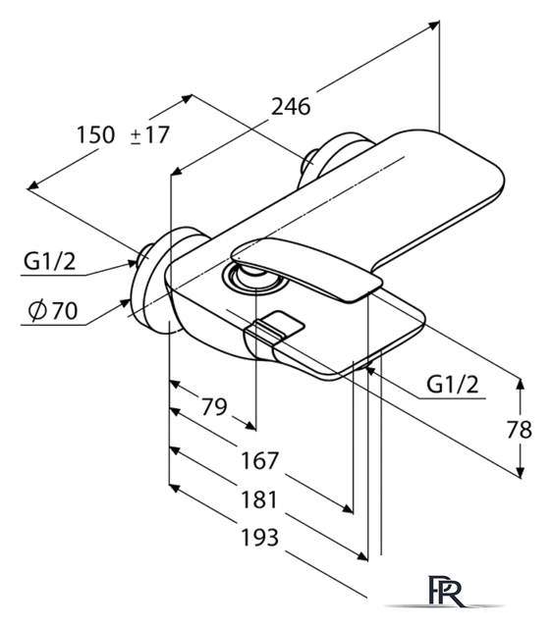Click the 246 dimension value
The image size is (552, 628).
click(291, 107)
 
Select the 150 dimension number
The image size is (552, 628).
click(95, 134)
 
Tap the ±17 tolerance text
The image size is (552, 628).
click(150, 134)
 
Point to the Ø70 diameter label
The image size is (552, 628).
click(53, 310)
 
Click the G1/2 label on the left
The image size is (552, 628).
click(49, 262)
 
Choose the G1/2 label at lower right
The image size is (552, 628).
click(452, 385)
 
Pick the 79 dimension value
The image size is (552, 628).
click(214, 407)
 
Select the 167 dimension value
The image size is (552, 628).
click(259, 460)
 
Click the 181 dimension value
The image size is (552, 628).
click(259, 499)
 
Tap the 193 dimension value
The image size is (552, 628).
click(259, 538)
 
